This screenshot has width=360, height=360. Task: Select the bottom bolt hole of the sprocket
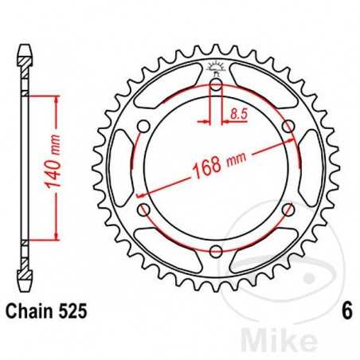tap(216, 251)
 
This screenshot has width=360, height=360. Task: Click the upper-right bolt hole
tap(288, 127)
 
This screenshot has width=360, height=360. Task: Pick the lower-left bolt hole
tap(144, 209)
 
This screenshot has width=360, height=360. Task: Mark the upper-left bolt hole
tap(144, 127)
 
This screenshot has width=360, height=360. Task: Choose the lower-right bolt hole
tap(288, 209)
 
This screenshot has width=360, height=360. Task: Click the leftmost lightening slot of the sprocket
tap(119, 168)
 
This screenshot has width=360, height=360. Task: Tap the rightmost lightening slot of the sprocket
tap(312, 168)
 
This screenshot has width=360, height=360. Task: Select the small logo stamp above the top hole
tap(216, 67)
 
